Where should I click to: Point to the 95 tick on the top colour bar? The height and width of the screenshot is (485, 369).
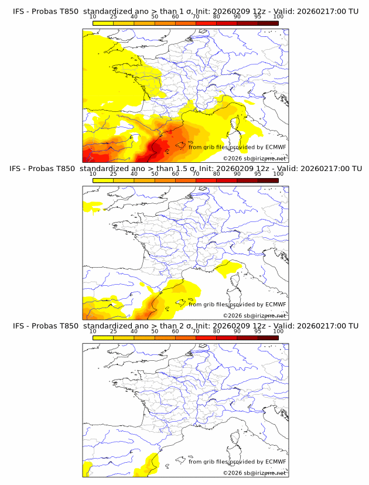click(x=258, y=17)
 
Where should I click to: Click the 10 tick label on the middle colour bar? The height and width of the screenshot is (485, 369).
click(x=93, y=174)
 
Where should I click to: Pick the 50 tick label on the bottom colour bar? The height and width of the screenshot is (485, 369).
click(x=155, y=331)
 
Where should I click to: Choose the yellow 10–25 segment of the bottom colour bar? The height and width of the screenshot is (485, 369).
click(x=103, y=337)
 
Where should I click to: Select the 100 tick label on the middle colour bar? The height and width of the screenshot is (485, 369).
click(x=278, y=174)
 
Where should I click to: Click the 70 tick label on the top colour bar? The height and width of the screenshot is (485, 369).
click(x=196, y=17)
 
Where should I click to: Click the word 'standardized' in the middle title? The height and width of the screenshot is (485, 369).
click(x=108, y=169)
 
